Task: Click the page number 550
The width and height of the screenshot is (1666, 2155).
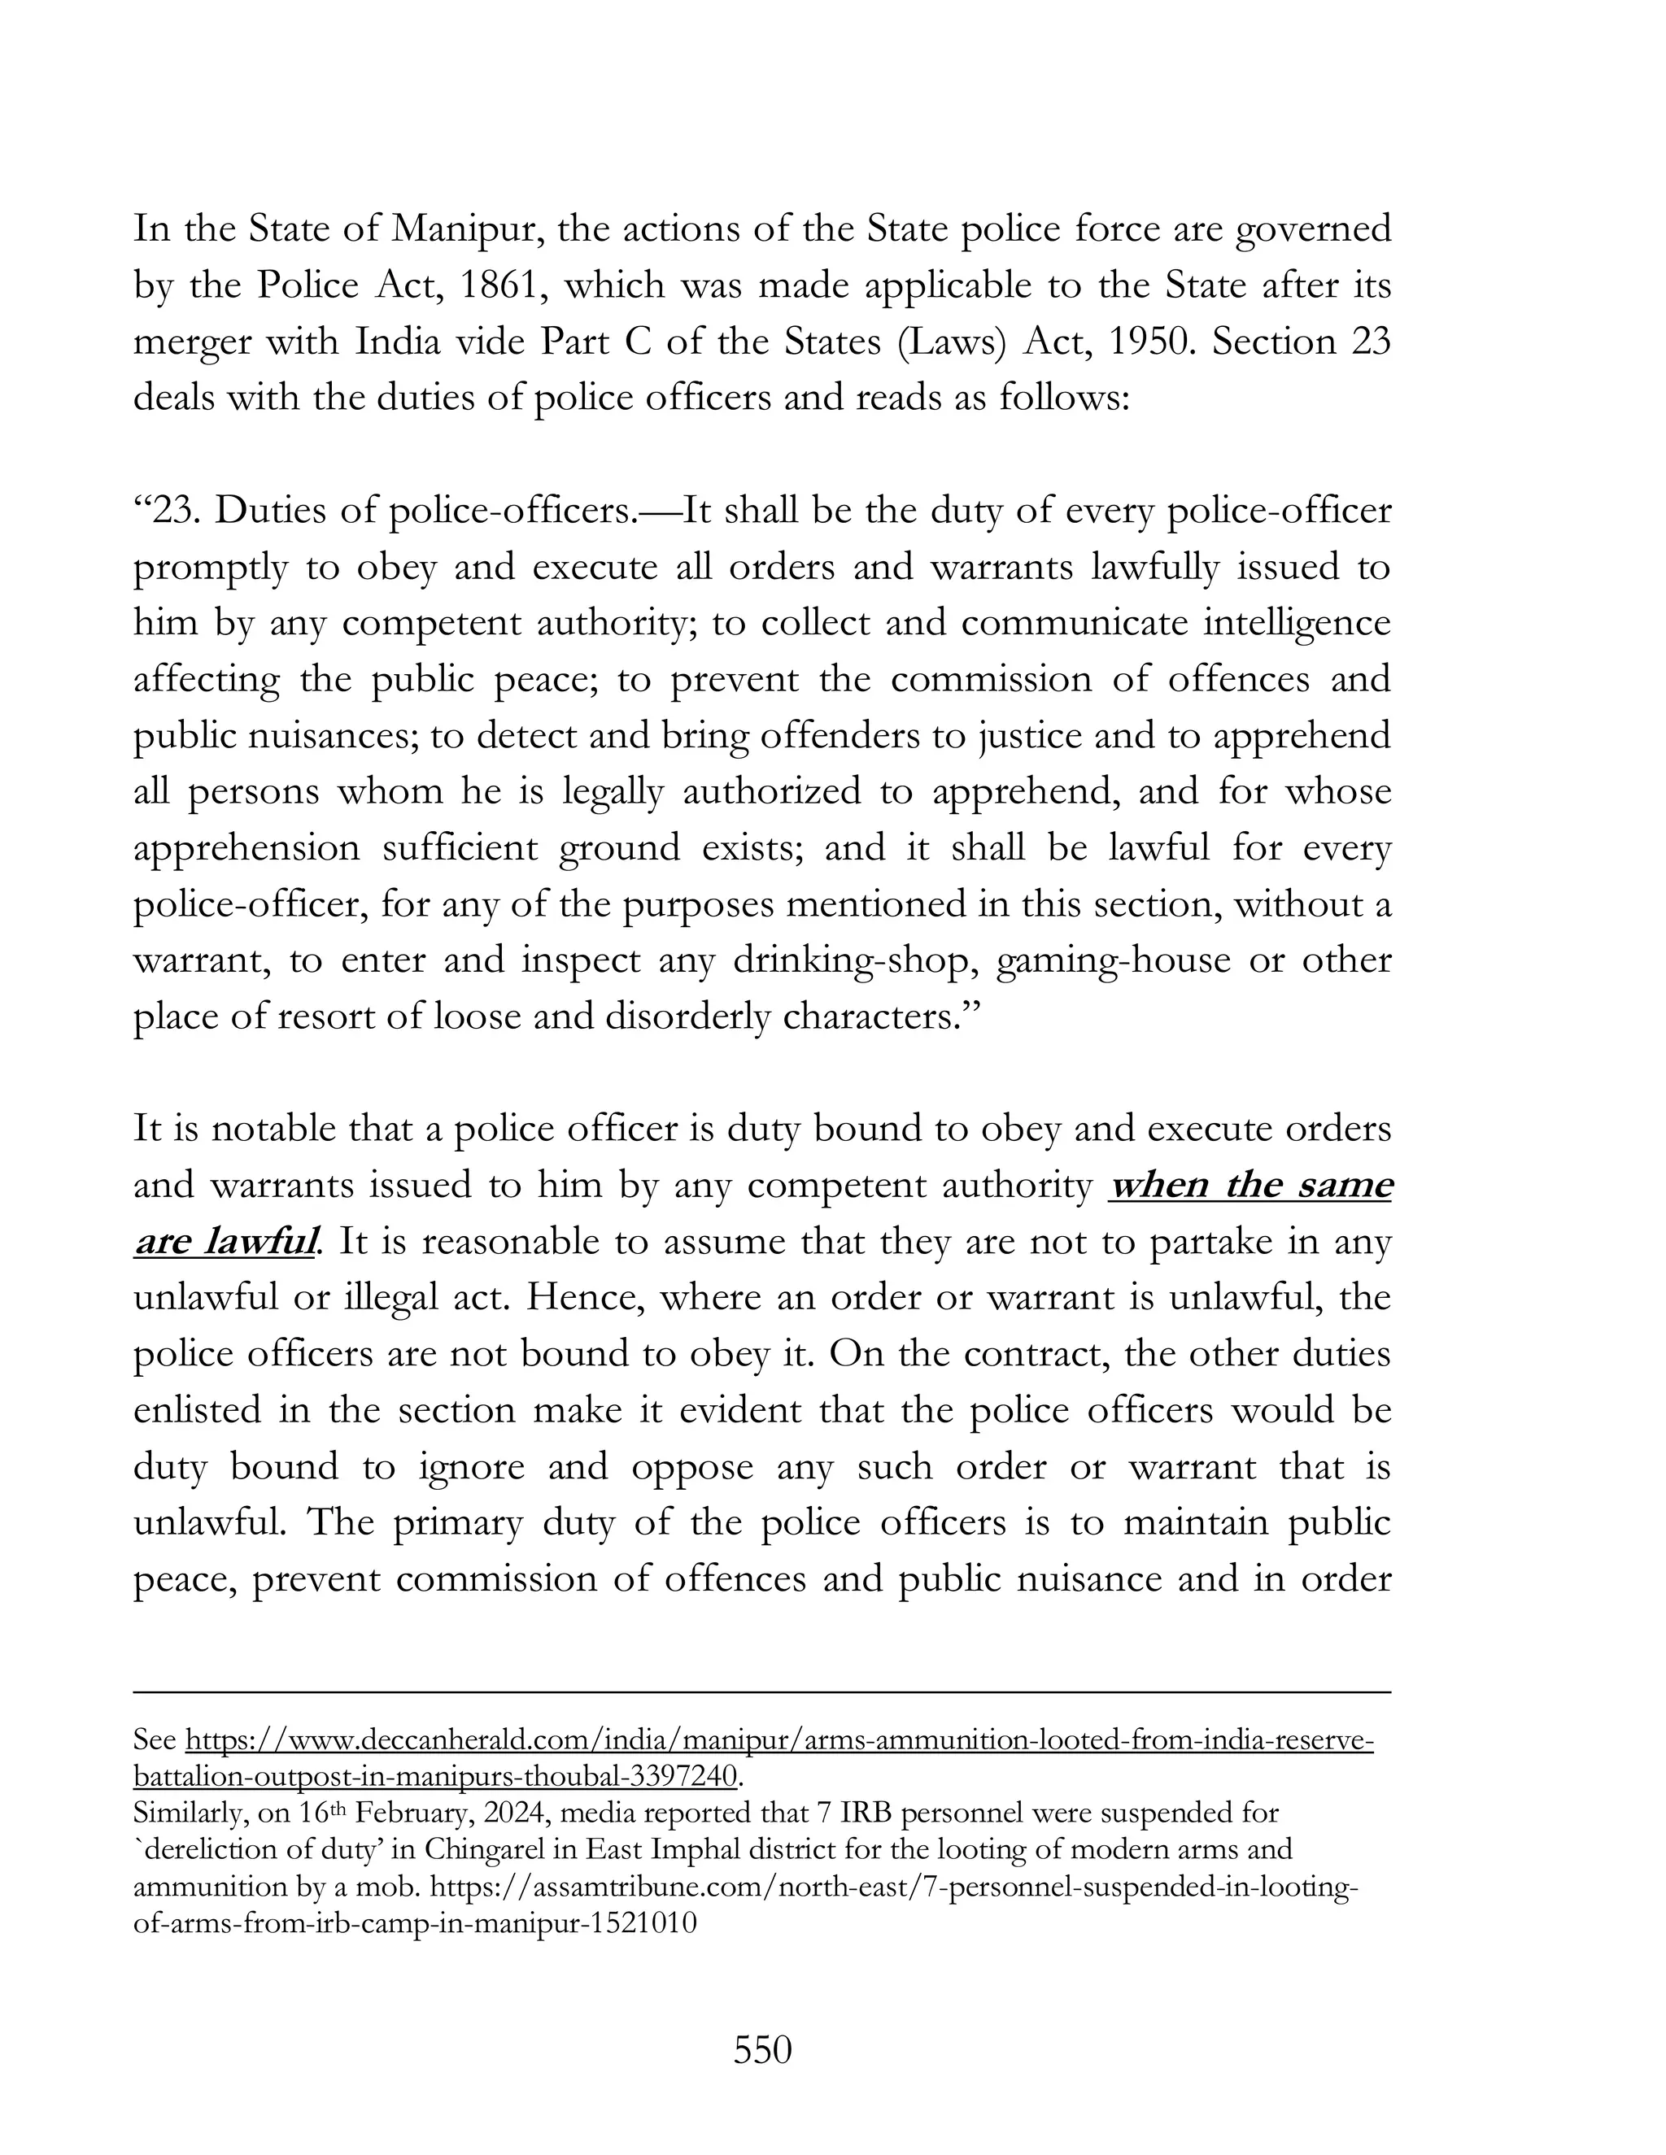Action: click(x=763, y=2050)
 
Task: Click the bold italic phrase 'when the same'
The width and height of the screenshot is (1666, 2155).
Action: click(x=1249, y=1185)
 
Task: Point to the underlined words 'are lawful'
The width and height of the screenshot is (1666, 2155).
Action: click(x=226, y=1241)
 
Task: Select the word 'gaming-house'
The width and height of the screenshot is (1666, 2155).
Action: click(x=1114, y=961)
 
